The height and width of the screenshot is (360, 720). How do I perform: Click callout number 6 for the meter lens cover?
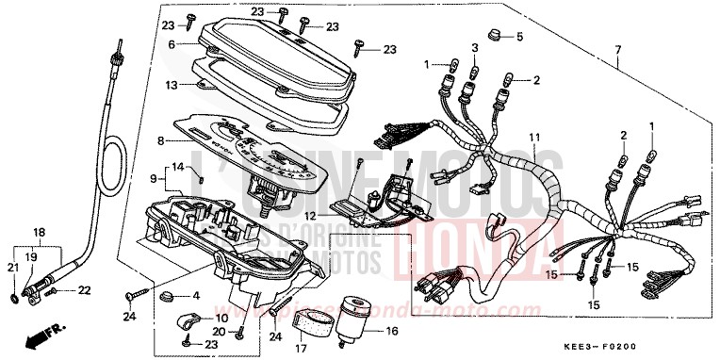[x=172, y=44]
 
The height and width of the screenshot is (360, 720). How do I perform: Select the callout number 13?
[x=172, y=84]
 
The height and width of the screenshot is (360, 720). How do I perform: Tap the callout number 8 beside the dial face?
[x=161, y=140]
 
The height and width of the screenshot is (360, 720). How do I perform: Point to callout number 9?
[x=153, y=177]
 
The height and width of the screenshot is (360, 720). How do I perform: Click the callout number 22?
[x=86, y=289]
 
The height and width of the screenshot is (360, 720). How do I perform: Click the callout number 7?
[x=618, y=47]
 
